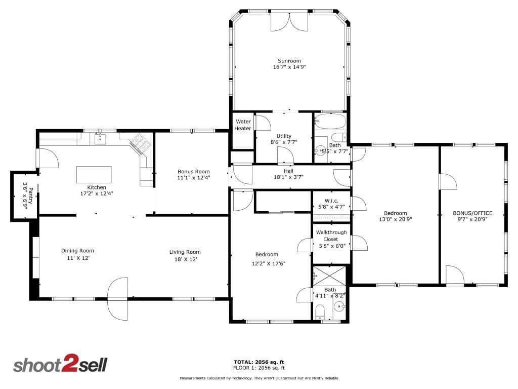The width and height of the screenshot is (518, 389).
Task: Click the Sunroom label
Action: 289,61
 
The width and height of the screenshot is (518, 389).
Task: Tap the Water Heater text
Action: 243,125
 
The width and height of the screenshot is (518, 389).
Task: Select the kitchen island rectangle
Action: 94,175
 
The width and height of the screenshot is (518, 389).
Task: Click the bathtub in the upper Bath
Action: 330,121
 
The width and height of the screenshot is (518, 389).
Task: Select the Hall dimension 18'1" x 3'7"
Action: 288,177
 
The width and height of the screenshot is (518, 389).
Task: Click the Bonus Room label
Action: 194,172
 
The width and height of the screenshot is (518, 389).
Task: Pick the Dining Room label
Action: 77,251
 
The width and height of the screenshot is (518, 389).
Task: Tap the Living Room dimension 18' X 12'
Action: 186,259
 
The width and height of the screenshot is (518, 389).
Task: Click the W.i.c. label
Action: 331,201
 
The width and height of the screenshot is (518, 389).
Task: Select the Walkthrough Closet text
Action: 331,236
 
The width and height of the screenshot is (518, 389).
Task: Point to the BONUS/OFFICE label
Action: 472,213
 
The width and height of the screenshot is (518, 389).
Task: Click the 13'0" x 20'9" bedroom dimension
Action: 396,219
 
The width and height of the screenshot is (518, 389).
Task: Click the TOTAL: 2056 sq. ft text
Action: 259,362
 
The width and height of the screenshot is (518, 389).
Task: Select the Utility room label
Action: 284,136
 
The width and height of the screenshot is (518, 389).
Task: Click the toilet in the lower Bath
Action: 320,312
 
